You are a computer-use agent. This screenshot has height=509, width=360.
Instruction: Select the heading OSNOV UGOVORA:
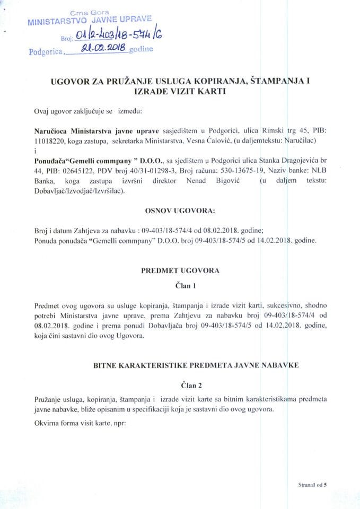(x=180, y=211)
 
